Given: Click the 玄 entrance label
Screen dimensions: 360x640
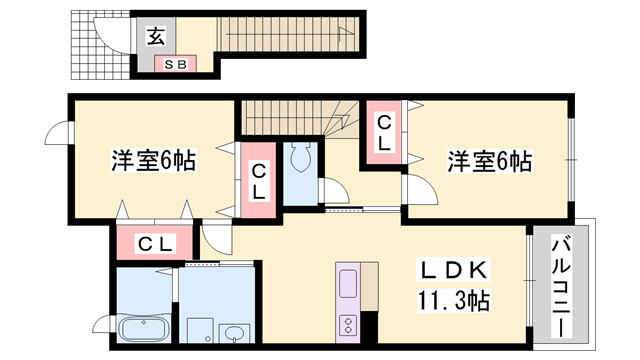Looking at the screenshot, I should (x=158, y=37).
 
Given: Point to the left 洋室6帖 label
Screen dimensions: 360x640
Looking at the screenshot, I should (x=152, y=159).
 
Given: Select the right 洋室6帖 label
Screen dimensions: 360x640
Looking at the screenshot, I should (x=489, y=159).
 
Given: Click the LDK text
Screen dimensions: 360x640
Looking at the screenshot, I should (x=452, y=271).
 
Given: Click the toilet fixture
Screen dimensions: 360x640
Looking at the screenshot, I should (x=301, y=159).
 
